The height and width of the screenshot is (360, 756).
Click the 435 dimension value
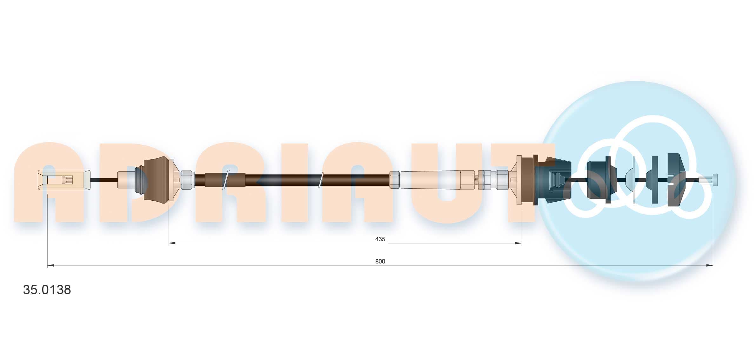click(x=380, y=239)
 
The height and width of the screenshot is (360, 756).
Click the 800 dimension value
click(x=380, y=261)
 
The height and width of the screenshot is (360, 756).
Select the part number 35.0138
click(x=47, y=290)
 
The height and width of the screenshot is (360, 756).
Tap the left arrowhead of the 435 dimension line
click(x=172, y=243)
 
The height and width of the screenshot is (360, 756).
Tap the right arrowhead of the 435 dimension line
click(x=518, y=243)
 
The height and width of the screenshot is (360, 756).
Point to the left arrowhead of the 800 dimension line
click(x=51, y=265)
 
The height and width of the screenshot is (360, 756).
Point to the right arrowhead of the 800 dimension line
click(x=709, y=265)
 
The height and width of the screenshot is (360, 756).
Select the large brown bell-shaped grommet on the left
click(x=156, y=180)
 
